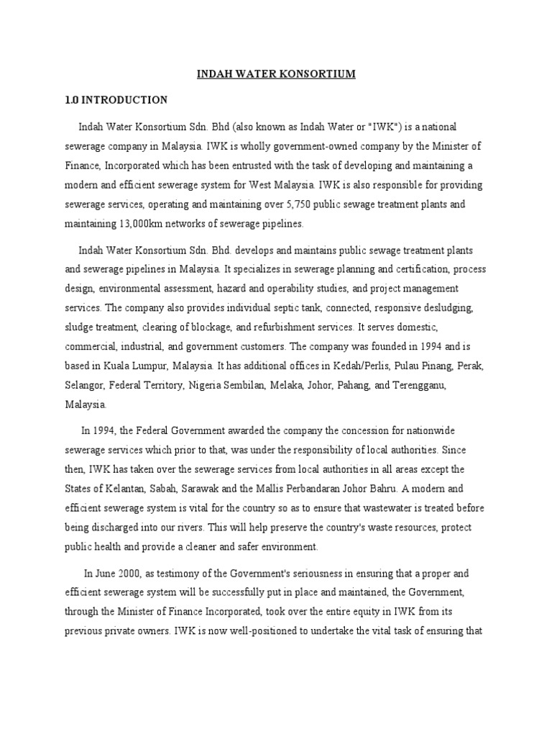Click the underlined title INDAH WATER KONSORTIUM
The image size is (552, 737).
276,74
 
